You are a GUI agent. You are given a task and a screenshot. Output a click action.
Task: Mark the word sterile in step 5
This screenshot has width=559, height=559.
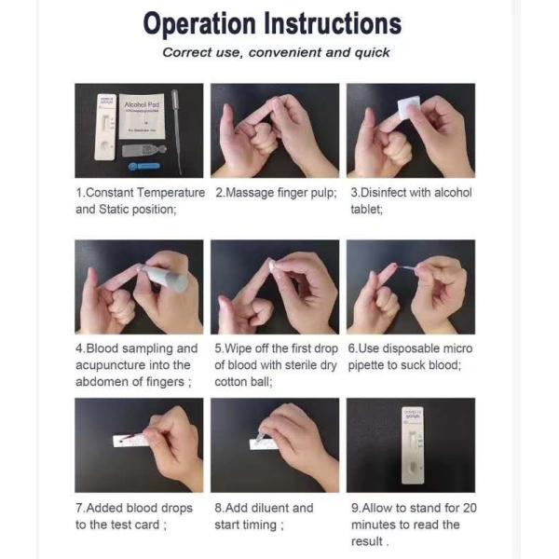(x=295, y=365)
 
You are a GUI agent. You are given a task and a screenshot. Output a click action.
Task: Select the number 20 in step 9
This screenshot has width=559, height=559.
(x=469, y=508)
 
